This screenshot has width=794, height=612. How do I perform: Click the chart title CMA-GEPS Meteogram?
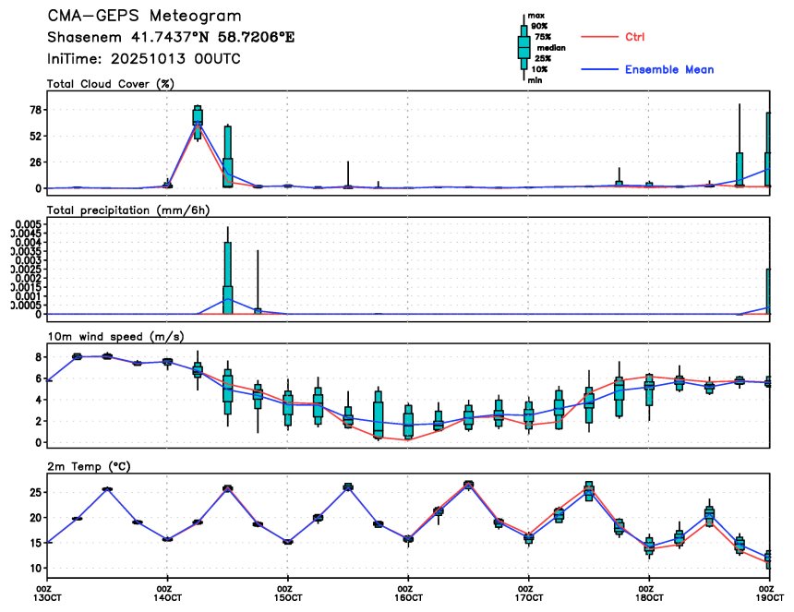coord(145,17)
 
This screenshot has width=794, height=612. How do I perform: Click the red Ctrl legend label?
coord(634,37)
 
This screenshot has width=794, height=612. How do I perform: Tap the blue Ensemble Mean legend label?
coord(668,69)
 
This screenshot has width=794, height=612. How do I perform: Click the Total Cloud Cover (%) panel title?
coord(111,84)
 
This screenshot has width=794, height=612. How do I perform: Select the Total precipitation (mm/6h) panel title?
coord(125,210)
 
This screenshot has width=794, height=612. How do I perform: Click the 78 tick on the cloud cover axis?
coord(36,110)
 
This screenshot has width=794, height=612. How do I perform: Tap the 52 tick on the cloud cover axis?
coord(36,136)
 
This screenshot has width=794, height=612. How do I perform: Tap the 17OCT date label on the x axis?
coord(526,597)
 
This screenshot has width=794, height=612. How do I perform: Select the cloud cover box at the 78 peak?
coord(198,116)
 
